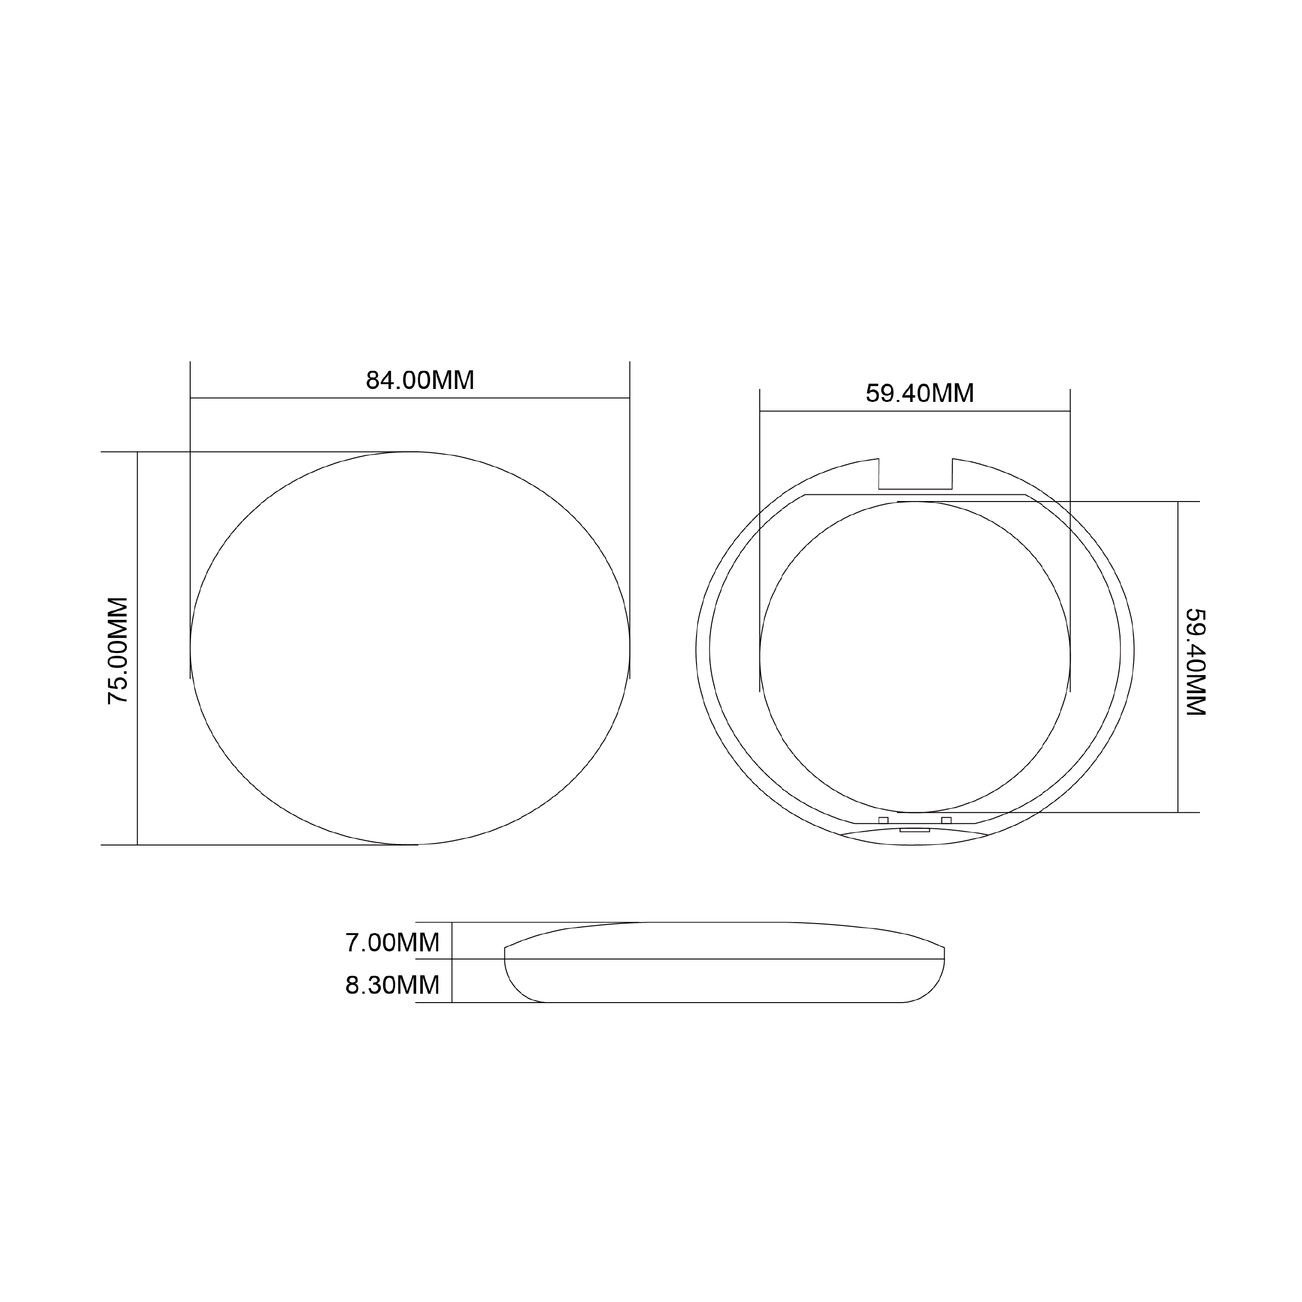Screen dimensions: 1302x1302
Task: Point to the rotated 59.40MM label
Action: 1196,662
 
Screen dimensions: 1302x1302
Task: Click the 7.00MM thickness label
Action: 392,943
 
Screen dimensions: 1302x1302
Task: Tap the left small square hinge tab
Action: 883,820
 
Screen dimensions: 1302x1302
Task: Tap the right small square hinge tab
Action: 946,820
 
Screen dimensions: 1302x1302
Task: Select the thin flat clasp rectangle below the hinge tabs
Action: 914,830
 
